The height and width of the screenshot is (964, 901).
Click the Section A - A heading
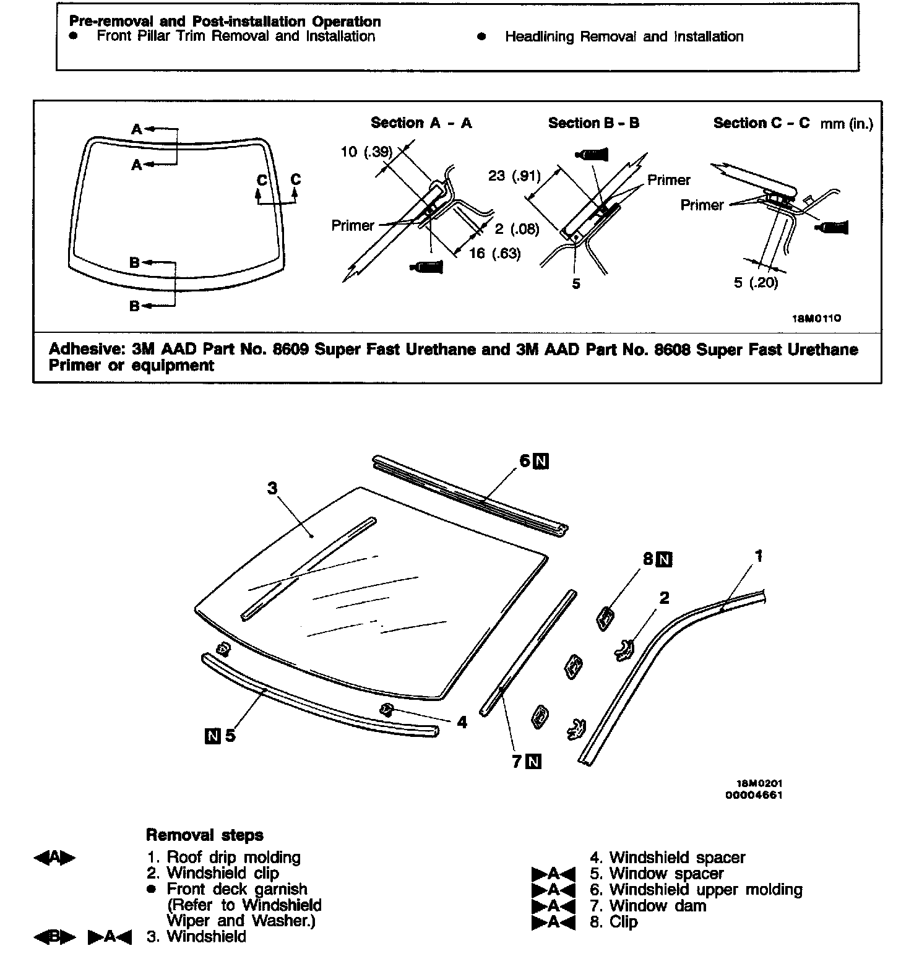click(421, 123)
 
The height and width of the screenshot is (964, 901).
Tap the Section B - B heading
click(593, 123)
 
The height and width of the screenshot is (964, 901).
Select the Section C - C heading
click(761, 123)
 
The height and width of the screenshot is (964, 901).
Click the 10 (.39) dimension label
click(366, 152)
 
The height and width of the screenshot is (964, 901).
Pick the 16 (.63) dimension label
click(494, 253)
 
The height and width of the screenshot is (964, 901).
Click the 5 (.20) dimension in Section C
click(756, 283)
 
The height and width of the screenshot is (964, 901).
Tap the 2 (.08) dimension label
click(517, 230)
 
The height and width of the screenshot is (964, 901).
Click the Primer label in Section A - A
click(353, 226)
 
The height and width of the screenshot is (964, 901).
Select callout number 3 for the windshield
click(272, 489)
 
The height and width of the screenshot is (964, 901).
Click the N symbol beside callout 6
click(541, 461)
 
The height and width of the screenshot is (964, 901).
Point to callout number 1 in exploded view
click(759, 556)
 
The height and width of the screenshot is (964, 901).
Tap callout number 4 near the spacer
click(462, 721)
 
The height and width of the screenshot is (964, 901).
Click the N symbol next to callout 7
click(533, 762)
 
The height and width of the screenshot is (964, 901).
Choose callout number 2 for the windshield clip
click(664, 598)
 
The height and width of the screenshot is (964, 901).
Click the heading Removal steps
click(204, 835)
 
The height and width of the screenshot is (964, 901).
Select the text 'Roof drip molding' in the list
click(233, 858)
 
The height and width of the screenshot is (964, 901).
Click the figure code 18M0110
click(816, 319)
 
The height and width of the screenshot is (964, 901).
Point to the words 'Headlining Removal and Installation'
click(624, 37)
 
